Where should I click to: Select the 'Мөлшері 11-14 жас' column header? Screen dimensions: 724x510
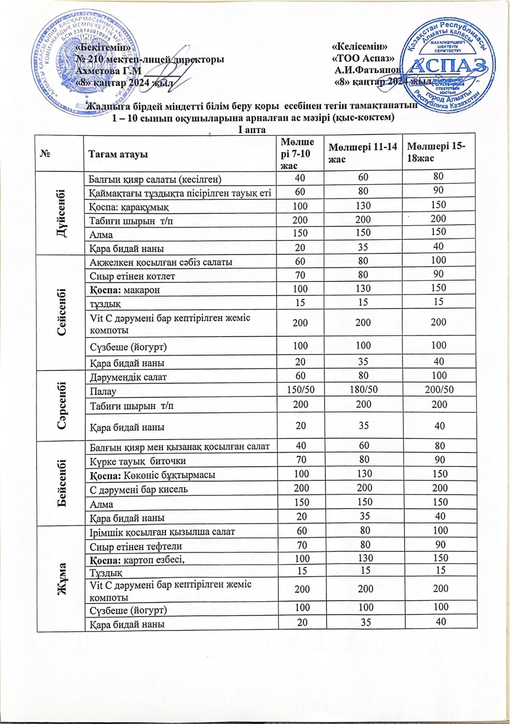point(363,153)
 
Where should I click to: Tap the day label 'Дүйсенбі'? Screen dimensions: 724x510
point(61,214)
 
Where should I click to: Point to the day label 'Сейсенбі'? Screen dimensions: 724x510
point(61,312)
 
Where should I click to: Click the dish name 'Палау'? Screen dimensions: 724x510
point(103,391)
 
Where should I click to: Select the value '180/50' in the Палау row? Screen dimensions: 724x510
point(364,390)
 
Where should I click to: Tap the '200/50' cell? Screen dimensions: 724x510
point(439,390)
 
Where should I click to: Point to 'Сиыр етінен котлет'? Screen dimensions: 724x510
point(132,276)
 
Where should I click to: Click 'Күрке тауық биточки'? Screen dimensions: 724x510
point(137,461)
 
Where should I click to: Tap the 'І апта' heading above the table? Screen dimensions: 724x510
point(252,130)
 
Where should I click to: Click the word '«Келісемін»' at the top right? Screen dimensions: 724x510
point(360,47)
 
